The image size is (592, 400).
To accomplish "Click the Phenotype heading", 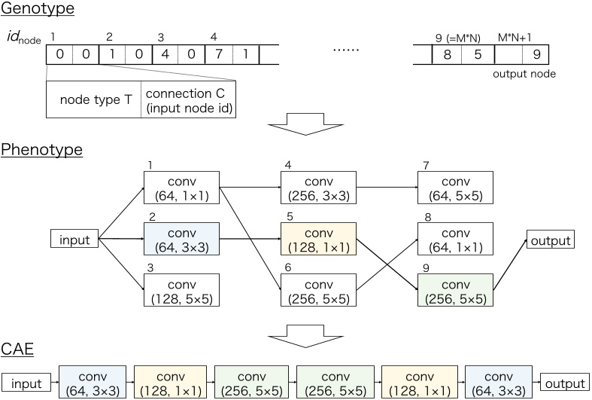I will tap(41, 149).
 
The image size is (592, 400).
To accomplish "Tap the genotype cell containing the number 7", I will tap(217, 54).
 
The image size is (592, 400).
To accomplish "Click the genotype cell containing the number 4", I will tap(165, 54).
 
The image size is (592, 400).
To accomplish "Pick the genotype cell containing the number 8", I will tap(445, 54).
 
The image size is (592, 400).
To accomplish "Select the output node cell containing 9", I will tap(535, 54).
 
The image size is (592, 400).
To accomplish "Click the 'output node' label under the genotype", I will tap(524, 74).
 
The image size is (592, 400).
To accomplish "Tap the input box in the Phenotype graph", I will tap(74, 240).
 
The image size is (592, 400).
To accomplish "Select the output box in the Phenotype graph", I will tap(551, 240).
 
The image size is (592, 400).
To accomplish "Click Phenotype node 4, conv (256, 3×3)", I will tap(318, 188).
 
